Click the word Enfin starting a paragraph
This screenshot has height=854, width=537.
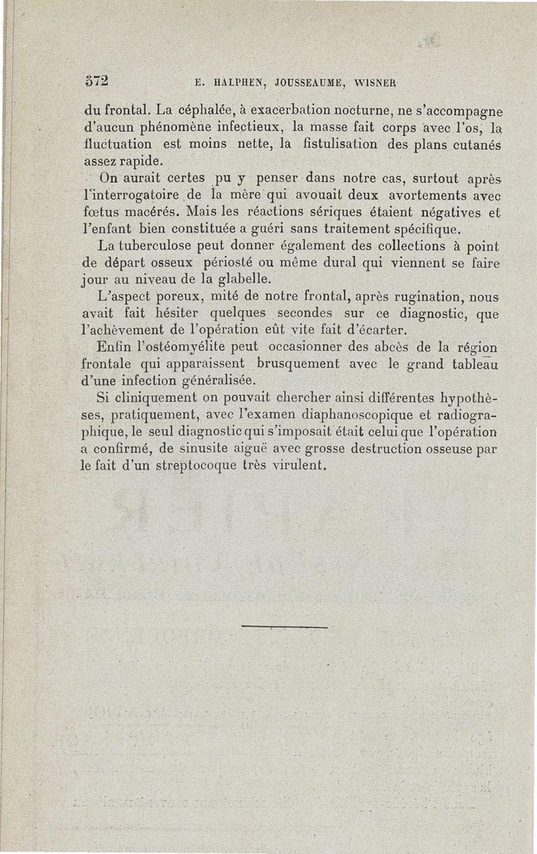click(x=111, y=347)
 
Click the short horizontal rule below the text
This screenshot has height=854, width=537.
click(x=283, y=627)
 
